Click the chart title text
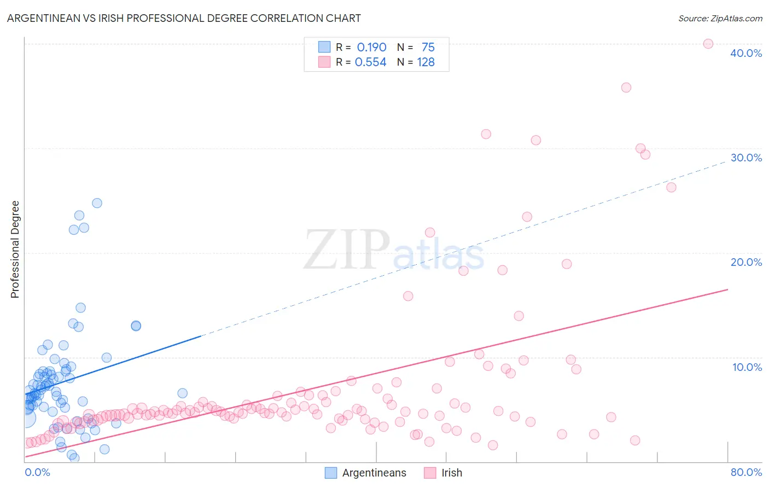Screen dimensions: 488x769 184,18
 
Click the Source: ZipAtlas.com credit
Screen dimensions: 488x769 720,19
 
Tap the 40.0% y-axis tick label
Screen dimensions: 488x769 745,53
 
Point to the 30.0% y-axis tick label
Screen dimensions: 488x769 745,158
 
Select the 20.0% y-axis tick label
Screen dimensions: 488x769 745,262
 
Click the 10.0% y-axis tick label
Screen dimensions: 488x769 747,367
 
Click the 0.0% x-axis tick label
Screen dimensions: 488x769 37,472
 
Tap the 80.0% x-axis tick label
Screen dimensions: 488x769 746,472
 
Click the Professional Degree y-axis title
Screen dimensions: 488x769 15,249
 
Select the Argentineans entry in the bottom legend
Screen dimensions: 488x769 374,473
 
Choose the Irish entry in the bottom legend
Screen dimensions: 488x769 451,473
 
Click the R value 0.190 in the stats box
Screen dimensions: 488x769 371,48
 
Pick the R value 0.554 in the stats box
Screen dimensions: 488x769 370,62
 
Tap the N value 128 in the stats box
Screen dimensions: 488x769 426,62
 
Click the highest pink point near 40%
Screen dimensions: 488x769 708,44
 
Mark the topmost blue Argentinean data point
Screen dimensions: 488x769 97,203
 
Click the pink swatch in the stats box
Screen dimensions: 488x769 324,62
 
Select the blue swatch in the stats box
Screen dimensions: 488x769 324,47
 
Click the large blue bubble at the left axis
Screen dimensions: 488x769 26,418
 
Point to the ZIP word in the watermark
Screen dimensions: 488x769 346,251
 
